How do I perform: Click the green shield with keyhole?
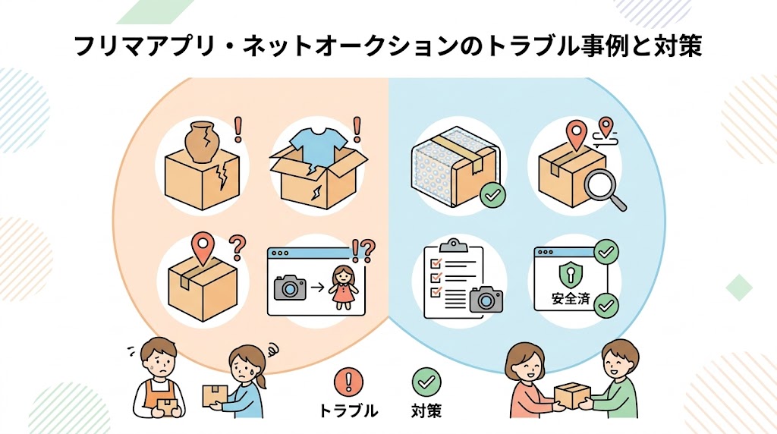571,275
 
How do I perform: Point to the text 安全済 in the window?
571,299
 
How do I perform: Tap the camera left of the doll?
291,288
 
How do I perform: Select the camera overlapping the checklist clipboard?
486,299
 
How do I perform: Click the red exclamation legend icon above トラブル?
348,382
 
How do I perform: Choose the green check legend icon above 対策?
426,382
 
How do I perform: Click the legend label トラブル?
348,411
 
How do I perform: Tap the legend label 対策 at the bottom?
426,411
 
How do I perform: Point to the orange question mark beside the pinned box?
238,247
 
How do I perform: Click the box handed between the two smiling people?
572,395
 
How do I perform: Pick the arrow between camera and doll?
318,287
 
